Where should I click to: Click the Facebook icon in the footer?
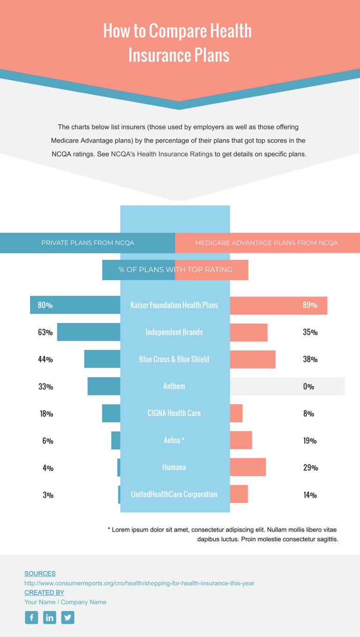pos(31,617)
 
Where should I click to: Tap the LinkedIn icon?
pos(50,617)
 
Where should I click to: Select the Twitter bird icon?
pos(68,617)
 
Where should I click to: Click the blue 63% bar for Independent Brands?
pos(89,332)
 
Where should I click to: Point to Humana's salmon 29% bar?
pos(248,467)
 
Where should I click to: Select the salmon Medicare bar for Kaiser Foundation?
pos(278,305)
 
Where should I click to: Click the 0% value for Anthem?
pos(308,387)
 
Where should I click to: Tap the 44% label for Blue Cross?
pos(45,359)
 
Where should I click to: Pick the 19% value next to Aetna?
pos(310,440)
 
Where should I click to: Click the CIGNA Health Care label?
pos(174,413)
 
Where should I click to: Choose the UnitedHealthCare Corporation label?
pos(174,494)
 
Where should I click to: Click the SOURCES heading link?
pos(40,573)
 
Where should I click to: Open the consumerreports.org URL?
pos(139,583)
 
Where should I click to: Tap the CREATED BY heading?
pos(44,592)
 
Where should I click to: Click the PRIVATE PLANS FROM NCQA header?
pos(88,243)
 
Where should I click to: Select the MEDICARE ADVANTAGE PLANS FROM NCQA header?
pos(266,243)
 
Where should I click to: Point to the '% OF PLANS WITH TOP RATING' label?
pos(175,270)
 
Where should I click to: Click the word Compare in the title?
pos(178,31)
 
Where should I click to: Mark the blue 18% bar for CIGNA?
pos(111,413)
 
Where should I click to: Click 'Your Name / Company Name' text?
pos(65,602)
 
